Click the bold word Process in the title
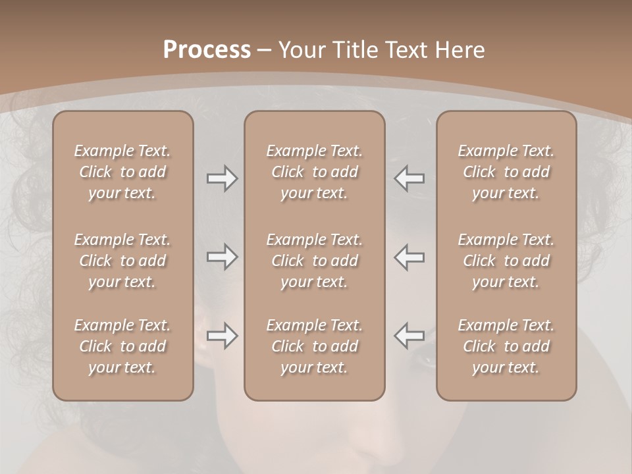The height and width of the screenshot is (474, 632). (207, 50)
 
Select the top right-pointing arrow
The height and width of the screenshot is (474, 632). (222, 178)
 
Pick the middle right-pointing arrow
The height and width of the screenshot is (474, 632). (222, 257)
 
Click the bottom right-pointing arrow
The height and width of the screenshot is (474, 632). (222, 336)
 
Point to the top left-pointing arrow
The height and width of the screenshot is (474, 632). (409, 178)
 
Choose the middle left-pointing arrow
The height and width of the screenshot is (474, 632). (409, 257)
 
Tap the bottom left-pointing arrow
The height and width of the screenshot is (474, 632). (409, 336)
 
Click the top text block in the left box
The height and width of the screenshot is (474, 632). (122, 172)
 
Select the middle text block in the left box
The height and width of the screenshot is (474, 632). (122, 261)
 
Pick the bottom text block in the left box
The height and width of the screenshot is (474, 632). (122, 346)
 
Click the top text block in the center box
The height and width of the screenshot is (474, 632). (314, 172)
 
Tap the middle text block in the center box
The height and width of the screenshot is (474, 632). (314, 261)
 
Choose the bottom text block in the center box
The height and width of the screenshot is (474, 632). (314, 346)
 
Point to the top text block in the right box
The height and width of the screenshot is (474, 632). (506, 172)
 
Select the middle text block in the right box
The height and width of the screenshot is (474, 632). (506, 261)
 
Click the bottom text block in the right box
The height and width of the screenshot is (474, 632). (506, 346)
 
